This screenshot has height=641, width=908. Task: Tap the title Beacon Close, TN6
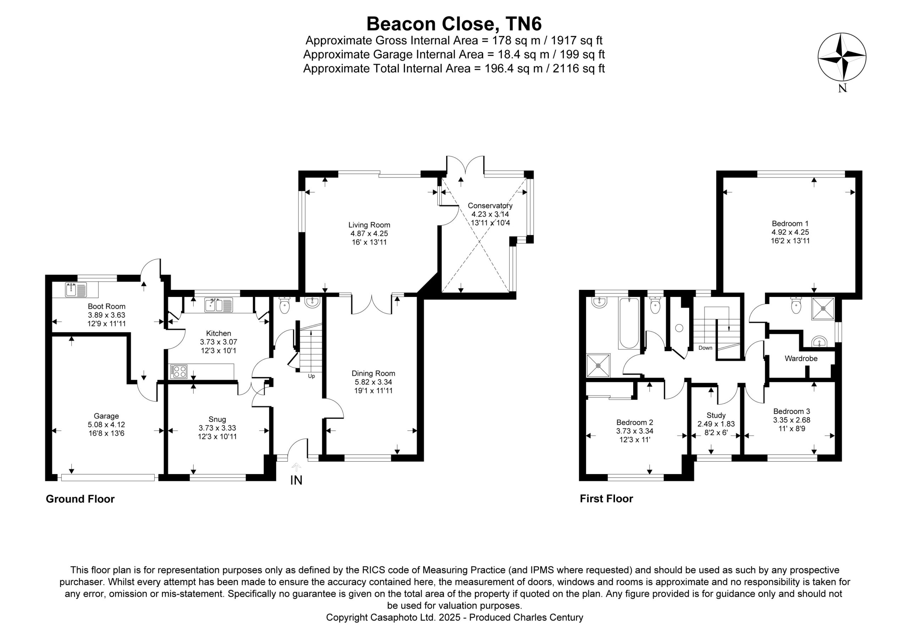pyautogui.click(x=454, y=24)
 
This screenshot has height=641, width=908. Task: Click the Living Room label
pyautogui.click(x=369, y=225)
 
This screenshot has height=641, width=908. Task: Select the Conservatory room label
pyautogui.click(x=490, y=206)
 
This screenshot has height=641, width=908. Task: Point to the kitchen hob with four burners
pyautogui.click(x=178, y=371)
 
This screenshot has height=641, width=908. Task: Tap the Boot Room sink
pyautogui.click(x=76, y=290)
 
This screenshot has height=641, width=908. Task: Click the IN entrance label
pyautogui.click(x=296, y=480)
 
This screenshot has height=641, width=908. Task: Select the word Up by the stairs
pyautogui.click(x=311, y=376)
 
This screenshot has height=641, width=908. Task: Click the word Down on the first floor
pyautogui.click(x=705, y=348)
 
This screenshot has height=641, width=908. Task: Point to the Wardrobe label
pyautogui.click(x=801, y=359)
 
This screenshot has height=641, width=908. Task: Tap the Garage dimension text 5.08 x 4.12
pyautogui.click(x=106, y=425)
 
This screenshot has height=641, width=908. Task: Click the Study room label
pyautogui.click(x=716, y=415)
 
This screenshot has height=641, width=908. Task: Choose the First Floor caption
pyautogui.click(x=606, y=499)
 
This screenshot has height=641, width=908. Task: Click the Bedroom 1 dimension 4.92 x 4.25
pyautogui.click(x=790, y=232)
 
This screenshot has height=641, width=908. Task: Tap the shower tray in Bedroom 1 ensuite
pyautogui.click(x=823, y=309)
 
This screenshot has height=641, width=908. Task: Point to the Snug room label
pyautogui.click(x=217, y=419)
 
